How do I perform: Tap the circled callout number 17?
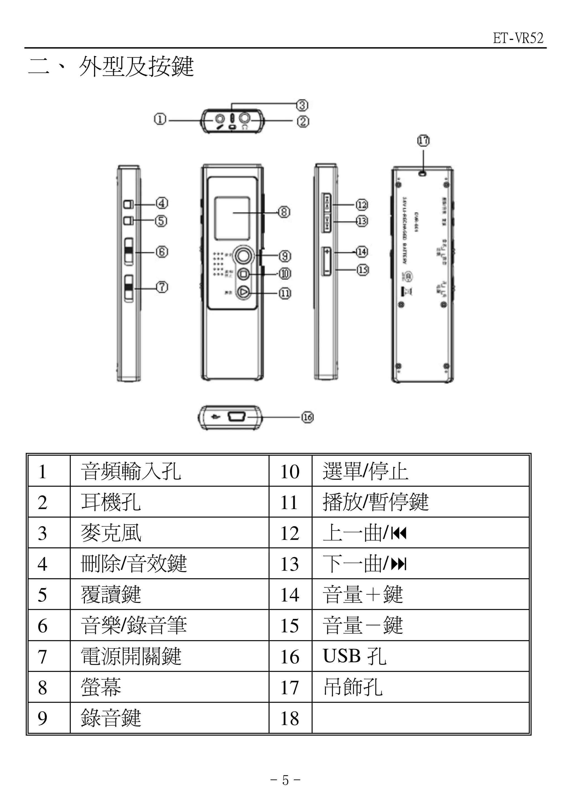tap(423, 141)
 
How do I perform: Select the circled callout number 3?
tap(302, 105)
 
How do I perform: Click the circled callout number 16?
tap(308, 417)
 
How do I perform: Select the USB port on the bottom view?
tap(235, 417)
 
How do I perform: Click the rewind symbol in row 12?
tap(399, 534)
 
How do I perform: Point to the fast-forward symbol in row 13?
tap(399, 564)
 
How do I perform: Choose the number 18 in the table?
tap(290, 718)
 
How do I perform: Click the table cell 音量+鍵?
tap(362, 595)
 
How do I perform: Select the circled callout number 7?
tap(161, 287)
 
